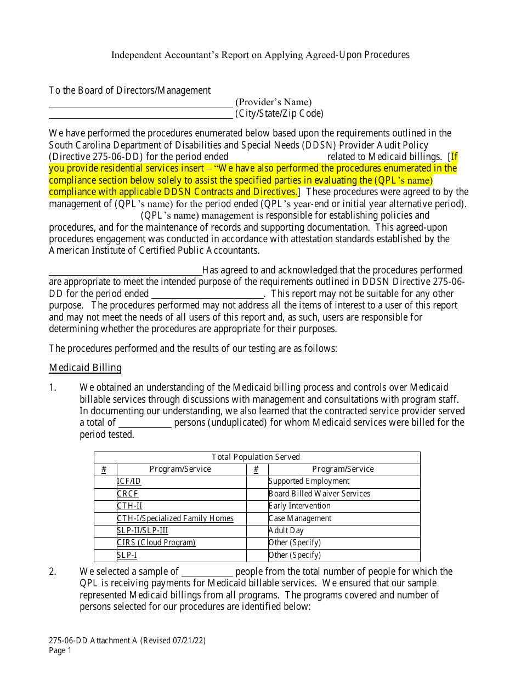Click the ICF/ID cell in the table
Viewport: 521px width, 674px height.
129,481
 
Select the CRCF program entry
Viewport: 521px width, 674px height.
128,494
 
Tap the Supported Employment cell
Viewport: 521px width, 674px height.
309,481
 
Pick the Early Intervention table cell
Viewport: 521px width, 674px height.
299,506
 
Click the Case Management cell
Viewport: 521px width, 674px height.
300,518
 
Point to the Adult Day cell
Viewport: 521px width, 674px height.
286,530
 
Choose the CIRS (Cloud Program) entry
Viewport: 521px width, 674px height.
156,542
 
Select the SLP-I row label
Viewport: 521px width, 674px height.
127,555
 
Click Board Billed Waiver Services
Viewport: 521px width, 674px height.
319,494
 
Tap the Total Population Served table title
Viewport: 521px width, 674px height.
256,457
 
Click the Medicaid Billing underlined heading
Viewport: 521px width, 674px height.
85,368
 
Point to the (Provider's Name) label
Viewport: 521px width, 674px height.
273,102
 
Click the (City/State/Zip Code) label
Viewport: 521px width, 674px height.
279,113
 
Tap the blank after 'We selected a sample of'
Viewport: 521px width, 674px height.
207,572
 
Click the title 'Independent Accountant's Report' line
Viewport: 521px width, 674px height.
260,55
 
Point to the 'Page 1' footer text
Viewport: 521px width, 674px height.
60,650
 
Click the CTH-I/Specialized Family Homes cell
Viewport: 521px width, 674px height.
175,518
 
